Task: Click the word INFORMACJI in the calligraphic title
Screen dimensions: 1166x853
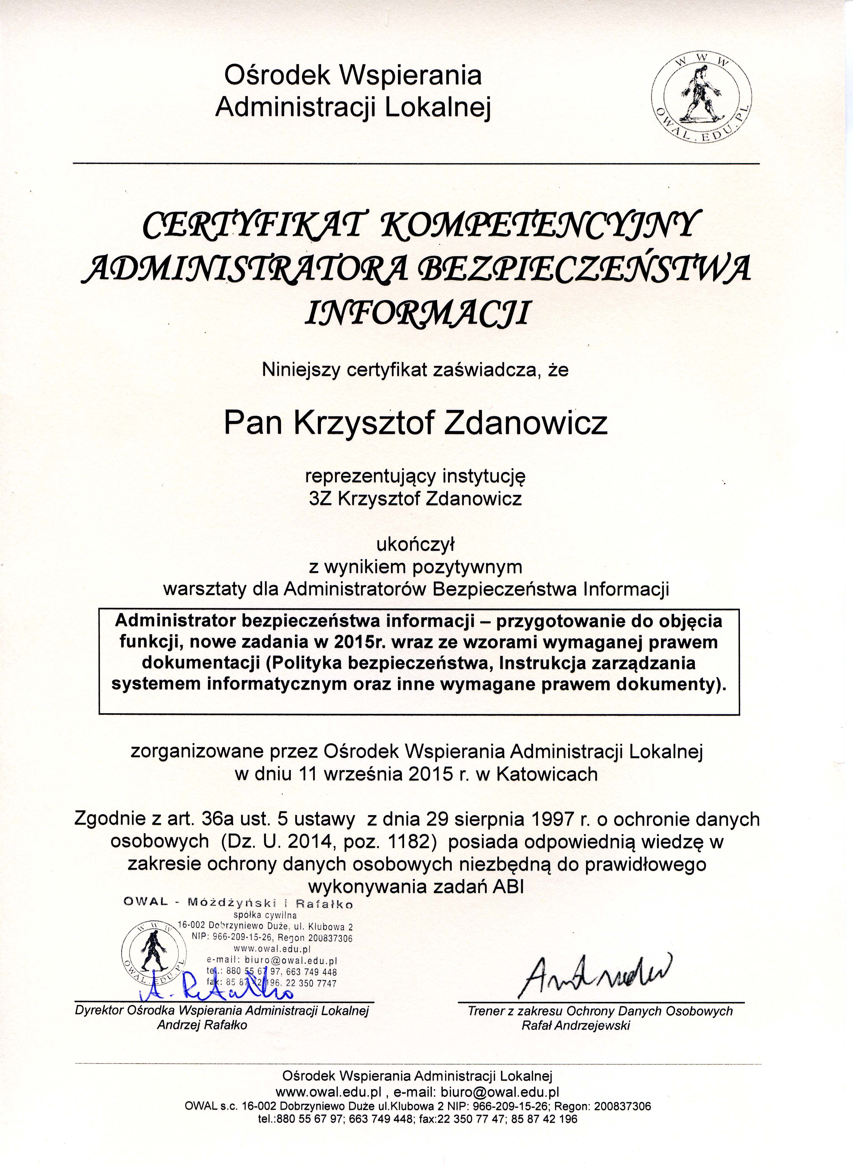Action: pyautogui.click(x=418, y=313)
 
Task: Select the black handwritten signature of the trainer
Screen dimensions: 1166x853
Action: pyautogui.click(x=599, y=971)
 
